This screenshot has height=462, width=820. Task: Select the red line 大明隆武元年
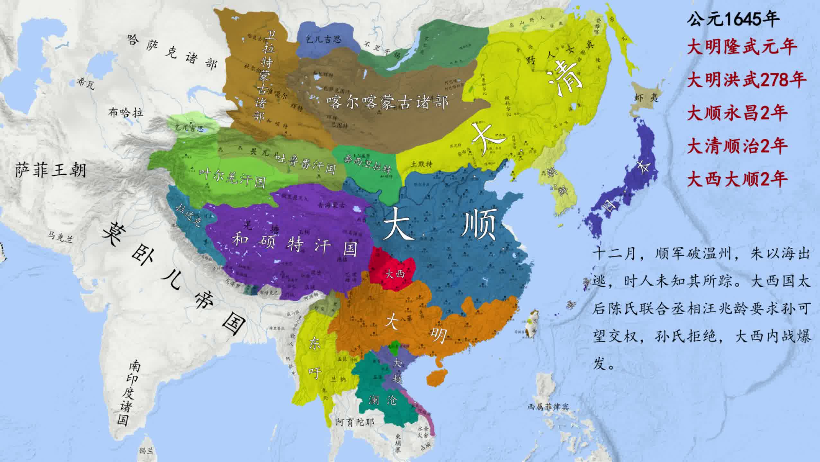click(x=742, y=47)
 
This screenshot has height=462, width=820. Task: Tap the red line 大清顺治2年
click(x=737, y=146)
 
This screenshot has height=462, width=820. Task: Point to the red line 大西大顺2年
click(x=737, y=179)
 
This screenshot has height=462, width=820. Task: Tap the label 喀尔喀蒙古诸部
click(x=387, y=102)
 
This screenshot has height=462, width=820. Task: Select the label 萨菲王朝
click(x=51, y=170)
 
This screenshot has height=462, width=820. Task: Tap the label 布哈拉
click(x=126, y=112)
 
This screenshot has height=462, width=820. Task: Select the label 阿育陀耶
click(x=355, y=422)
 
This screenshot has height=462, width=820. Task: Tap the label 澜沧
click(x=383, y=400)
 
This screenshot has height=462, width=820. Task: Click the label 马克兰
click(x=61, y=237)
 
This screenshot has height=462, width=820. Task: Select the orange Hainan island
click(x=438, y=378)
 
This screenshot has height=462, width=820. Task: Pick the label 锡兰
click(x=146, y=450)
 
